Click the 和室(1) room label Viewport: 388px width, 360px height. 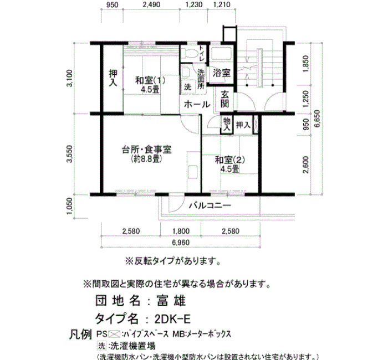(150, 81)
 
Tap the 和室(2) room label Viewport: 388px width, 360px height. (230, 160)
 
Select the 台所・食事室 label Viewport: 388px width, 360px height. (146, 150)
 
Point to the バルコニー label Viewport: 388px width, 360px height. (210, 205)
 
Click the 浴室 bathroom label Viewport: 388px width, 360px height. (222, 73)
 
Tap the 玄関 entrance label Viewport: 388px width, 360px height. (224, 99)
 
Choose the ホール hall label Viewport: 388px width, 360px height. (197, 104)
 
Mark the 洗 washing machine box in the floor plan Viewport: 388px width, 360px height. (188, 88)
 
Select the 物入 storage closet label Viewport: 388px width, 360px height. (227, 125)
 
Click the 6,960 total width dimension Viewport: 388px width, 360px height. (181, 243)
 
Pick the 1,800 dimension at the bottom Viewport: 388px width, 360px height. (181, 231)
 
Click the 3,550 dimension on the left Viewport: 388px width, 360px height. (70, 153)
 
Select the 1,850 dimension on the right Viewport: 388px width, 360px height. (306, 64)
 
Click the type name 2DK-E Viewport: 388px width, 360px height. (172, 319)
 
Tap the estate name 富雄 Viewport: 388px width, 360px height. (171, 301)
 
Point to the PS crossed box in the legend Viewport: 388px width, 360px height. (115, 334)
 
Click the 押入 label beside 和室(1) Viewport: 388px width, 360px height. (113, 78)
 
